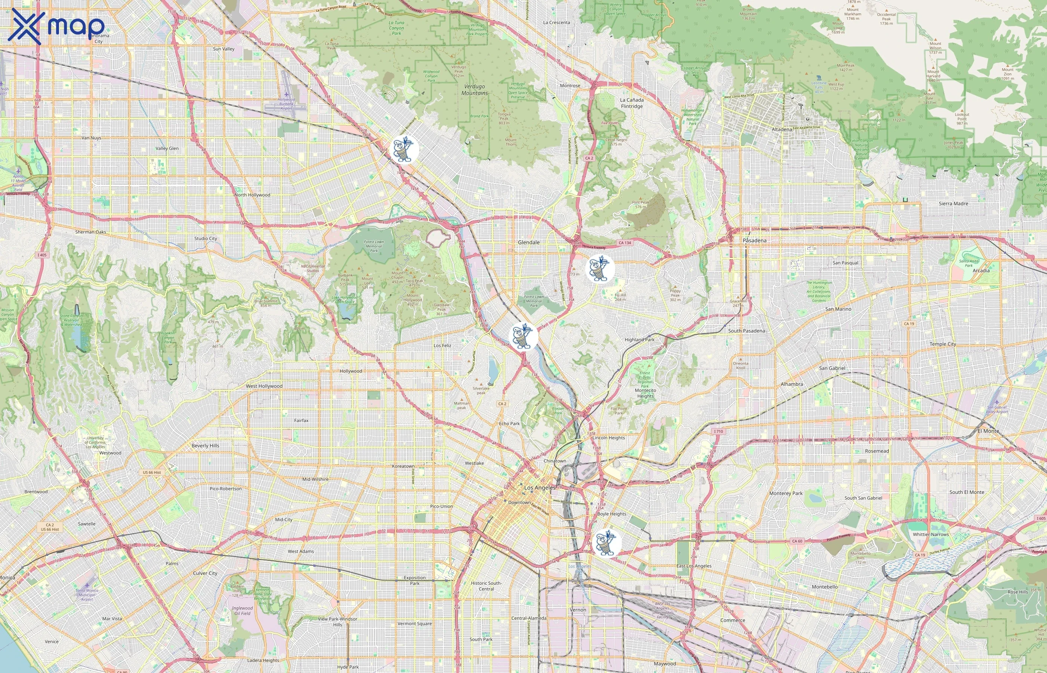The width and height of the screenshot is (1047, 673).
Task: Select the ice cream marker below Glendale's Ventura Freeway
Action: (x=599, y=268)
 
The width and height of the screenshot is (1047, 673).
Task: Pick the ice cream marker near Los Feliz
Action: (x=524, y=336)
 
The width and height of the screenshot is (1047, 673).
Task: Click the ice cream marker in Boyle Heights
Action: (x=606, y=543)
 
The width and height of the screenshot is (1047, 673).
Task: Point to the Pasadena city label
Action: (x=754, y=240)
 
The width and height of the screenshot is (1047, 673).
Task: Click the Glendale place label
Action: (x=528, y=242)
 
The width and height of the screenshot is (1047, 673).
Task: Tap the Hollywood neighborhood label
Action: (x=350, y=371)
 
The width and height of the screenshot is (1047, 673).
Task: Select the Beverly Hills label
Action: (x=205, y=446)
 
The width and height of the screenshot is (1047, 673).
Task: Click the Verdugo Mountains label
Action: (x=475, y=90)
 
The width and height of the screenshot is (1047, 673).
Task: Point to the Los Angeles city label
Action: (x=540, y=487)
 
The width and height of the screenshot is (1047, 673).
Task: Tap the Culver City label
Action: (x=205, y=573)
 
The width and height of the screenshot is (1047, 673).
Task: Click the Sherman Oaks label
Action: (x=90, y=232)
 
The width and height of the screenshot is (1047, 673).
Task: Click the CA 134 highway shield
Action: (x=624, y=243)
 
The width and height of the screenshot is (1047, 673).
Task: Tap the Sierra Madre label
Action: (x=953, y=204)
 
